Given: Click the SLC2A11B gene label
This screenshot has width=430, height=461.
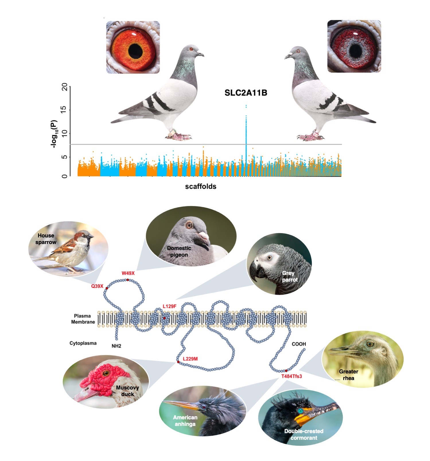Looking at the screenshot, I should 246,93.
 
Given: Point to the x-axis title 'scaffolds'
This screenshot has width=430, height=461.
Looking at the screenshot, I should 201,186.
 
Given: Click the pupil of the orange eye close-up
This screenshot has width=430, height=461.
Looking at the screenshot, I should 135,51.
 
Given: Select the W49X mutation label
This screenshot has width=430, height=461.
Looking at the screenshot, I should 128,273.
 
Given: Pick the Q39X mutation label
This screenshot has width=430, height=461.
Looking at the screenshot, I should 97,286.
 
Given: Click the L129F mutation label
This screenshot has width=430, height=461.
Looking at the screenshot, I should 170,306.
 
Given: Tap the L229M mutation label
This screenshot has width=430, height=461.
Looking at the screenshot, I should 190,359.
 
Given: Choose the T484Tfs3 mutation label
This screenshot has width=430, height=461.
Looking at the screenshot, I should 291,376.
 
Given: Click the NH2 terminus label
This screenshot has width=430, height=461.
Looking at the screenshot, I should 116,346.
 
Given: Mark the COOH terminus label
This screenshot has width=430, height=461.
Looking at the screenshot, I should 299,344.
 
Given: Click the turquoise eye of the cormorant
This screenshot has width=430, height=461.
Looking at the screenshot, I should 300,411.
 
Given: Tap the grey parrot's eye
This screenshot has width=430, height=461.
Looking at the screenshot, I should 269,258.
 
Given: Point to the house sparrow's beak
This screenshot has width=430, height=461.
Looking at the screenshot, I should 91,237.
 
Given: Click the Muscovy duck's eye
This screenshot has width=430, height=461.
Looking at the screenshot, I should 106,373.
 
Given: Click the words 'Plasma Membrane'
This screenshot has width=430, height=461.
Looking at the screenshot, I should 83,319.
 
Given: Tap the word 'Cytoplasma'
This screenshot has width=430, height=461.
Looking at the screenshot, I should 83,343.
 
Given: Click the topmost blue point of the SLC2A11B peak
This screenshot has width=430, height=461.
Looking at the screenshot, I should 246,106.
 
